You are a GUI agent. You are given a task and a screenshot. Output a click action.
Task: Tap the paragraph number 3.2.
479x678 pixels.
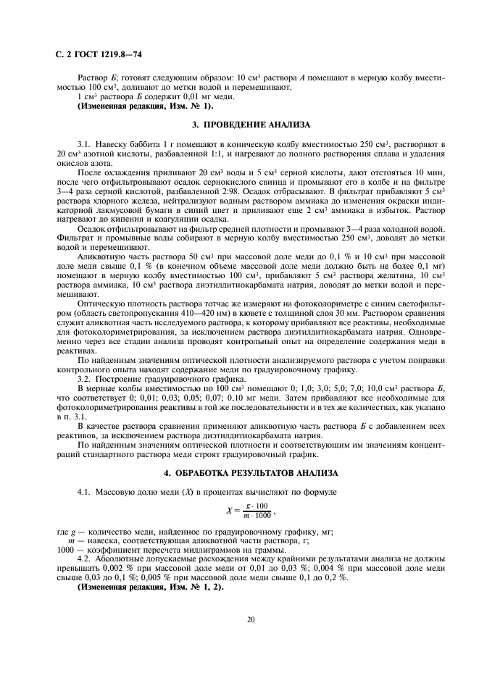pos(85,378)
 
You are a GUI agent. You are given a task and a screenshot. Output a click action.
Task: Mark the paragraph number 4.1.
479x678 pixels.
pos(85,493)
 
